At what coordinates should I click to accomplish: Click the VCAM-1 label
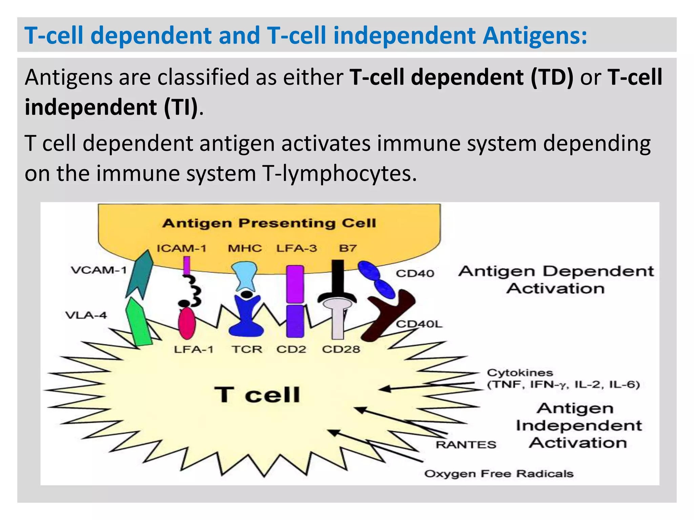[99, 270]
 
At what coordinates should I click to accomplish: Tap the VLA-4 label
[86, 316]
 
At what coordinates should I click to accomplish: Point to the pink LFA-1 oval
[187, 323]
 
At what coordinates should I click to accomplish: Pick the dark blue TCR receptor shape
[246, 317]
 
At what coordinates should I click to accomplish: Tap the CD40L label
[419, 324]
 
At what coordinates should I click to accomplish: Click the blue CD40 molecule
[376, 279]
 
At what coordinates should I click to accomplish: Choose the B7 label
[348, 248]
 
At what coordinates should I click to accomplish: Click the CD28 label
[341, 349]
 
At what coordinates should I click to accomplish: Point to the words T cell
[257, 395]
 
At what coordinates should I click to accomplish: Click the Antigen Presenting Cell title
[269, 223]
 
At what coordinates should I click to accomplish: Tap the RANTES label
[466, 445]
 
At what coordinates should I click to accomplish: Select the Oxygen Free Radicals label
[498, 474]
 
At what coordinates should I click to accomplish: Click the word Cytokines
[520, 373]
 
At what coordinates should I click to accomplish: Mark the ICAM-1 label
[181, 248]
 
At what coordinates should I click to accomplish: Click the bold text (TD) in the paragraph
[552, 77]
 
